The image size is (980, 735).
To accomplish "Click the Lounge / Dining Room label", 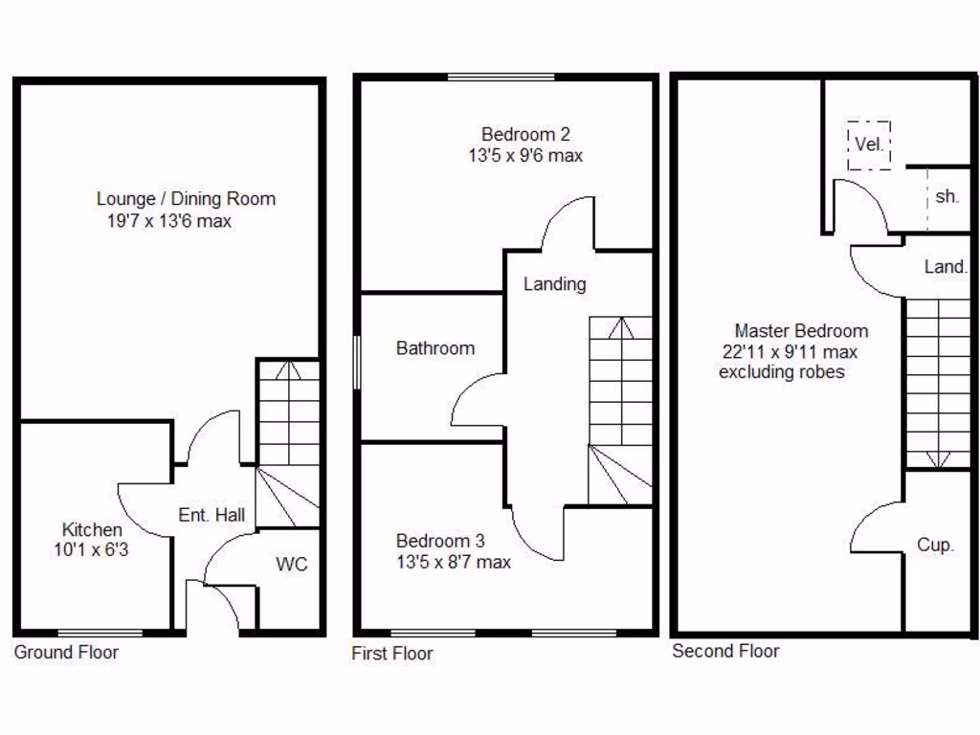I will (x=186, y=199).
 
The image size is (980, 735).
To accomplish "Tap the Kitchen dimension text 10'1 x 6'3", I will (x=92, y=549).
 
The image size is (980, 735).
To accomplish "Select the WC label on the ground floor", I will (x=292, y=564).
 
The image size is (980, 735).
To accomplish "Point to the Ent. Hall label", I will (x=212, y=515).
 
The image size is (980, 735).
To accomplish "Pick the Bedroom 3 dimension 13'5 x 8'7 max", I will (x=453, y=562).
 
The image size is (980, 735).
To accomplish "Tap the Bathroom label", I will (x=434, y=348).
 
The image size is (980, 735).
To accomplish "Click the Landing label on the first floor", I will (x=554, y=284).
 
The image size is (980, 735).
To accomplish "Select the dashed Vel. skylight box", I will (x=869, y=145).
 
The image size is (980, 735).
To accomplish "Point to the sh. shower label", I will (x=947, y=196).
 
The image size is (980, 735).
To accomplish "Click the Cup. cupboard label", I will (x=935, y=545).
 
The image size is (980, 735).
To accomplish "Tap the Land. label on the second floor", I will (x=946, y=268).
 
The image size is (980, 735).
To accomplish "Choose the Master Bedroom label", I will (x=801, y=331).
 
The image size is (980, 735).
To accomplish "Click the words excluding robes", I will (x=781, y=372).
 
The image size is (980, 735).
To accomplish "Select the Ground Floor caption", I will (x=66, y=653).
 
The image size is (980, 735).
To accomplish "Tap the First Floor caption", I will (x=392, y=654).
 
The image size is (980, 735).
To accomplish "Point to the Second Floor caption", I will (x=725, y=652).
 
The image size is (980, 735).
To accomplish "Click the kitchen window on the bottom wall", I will (x=100, y=633).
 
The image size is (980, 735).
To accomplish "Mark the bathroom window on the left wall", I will (x=357, y=362).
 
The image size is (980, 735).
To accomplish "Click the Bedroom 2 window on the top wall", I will (x=501, y=78).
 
